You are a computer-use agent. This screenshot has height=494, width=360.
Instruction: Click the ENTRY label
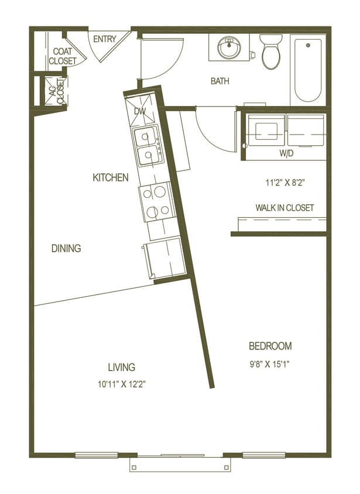tap(104, 39)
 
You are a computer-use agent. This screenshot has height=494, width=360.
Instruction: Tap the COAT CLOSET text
tap(62, 56)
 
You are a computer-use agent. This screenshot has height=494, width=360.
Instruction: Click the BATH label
tap(220, 81)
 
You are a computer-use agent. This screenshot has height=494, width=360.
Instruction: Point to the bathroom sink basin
tap(227, 47)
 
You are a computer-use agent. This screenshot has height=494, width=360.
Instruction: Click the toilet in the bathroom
tap(271, 52)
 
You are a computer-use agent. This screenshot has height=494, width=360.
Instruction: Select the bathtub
tap(308, 69)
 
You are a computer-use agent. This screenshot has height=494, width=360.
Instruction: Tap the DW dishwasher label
tap(139, 111)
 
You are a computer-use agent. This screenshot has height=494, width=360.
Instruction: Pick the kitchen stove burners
tap(155, 202)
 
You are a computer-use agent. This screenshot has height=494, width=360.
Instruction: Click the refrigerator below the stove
tap(164, 258)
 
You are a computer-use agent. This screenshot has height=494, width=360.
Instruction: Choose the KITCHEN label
tap(111, 177)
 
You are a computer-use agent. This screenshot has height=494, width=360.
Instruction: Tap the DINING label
tap(66, 248)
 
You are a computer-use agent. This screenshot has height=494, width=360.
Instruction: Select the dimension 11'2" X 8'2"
tap(285, 183)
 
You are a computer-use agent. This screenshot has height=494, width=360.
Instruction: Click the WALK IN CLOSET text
tap(284, 208)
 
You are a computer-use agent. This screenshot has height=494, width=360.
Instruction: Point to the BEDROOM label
tap(270, 346)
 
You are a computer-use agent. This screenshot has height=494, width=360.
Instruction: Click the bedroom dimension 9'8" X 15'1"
tap(270, 363)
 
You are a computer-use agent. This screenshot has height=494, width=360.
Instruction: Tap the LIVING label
tap(121, 367)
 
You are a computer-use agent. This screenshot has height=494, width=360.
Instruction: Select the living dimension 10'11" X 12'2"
tap(122, 385)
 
